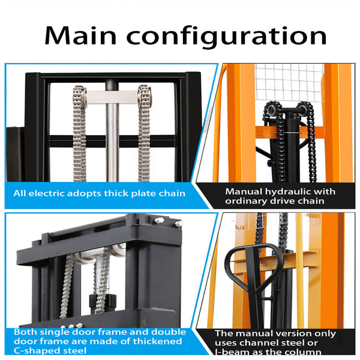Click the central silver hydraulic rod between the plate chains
point(111,138)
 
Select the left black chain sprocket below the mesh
point(270,110)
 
